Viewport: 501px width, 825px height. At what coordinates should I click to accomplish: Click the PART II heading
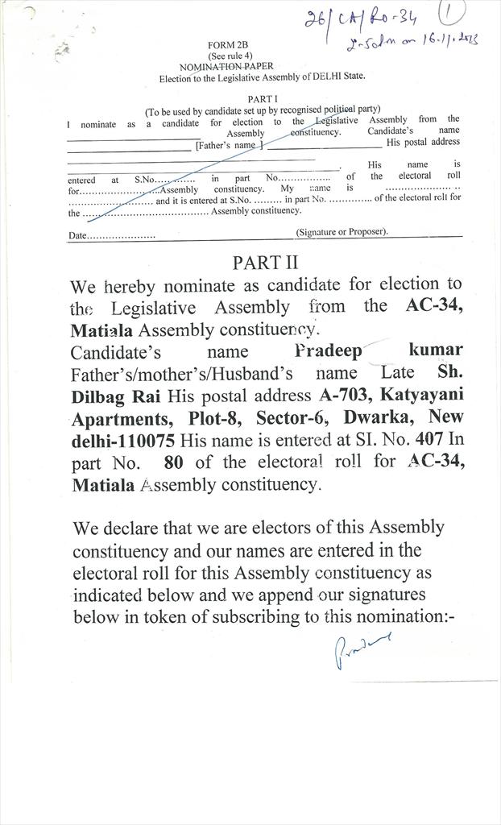tap(265, 262)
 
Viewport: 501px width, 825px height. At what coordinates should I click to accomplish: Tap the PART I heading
tap(263, 98)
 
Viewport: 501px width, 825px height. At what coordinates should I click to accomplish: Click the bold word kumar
tap(436, 350)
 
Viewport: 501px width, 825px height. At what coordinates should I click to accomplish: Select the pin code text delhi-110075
tap(123, 441)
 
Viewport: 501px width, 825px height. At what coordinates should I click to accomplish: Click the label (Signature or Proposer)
tap(342, 232)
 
